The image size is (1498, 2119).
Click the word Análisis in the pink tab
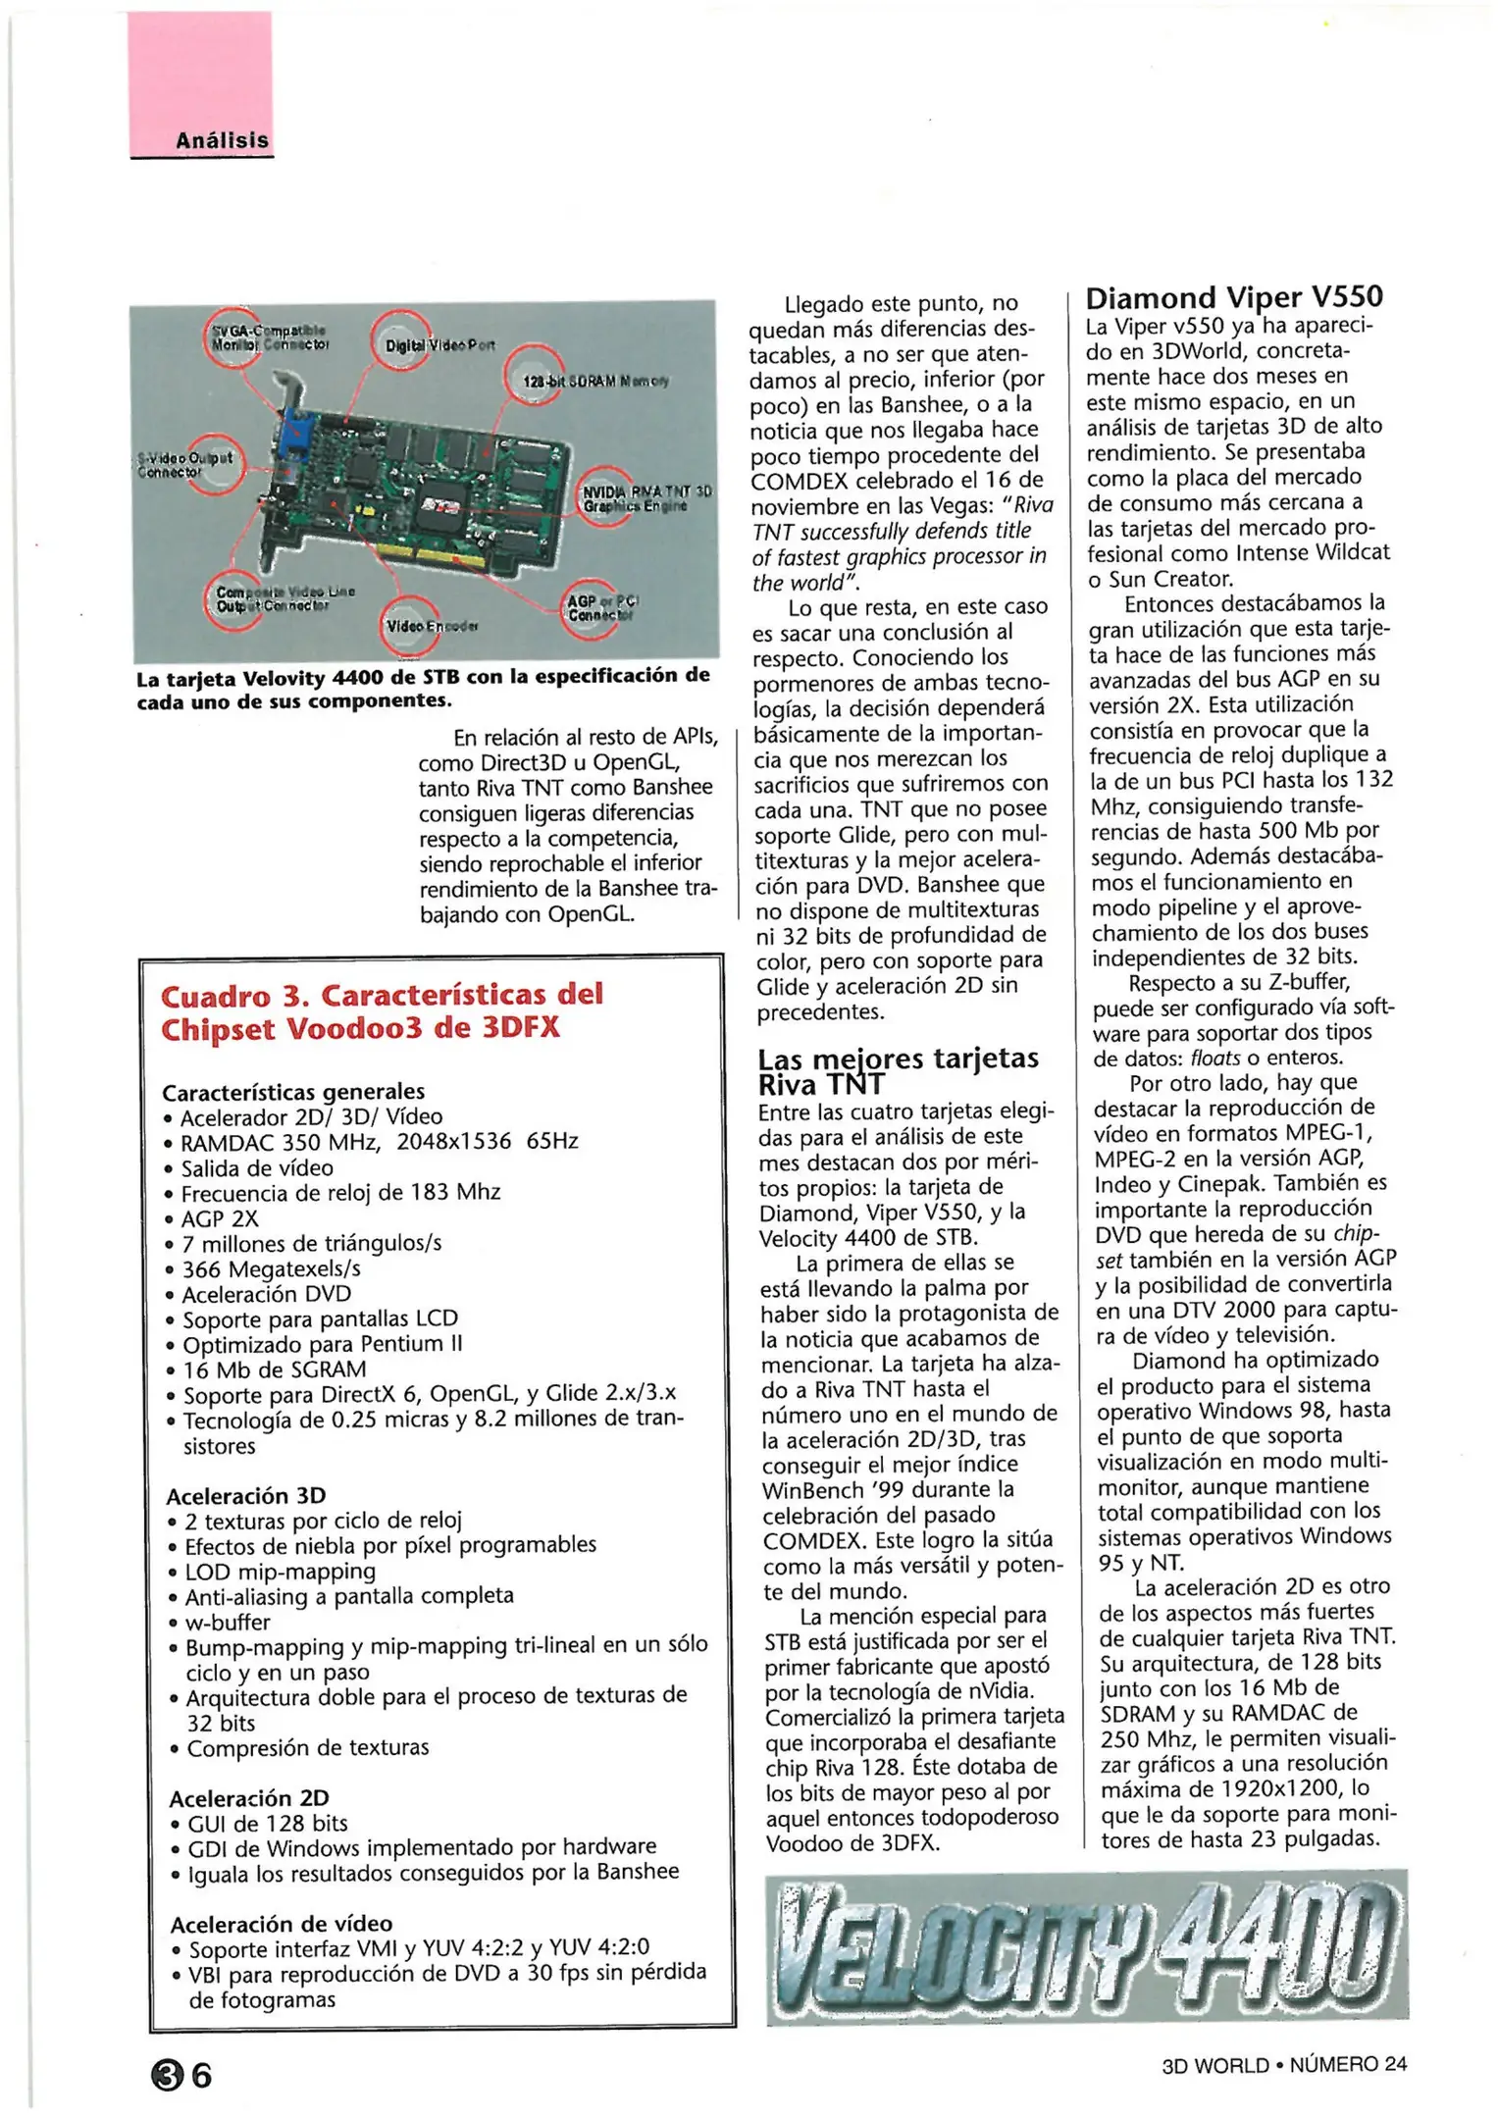pyautogui.click(x=222, y=140)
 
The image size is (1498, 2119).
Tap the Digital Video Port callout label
pyautogui.click(x=439, y=345)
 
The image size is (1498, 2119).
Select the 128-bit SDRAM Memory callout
pyautogui.click(x=594, y=381)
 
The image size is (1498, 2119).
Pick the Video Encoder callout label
pyautogui.click(x=432, y=626)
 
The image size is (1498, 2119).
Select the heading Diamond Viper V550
pyautogui.click(x=1234, y=297)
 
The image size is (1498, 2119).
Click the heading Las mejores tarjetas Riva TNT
pyautogui.click(x=897, y=1071)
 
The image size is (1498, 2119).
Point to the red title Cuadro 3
pyautogui.click(x=381, y=1010)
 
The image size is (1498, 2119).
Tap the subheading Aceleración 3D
pyautogui.click(x=245, y=1495)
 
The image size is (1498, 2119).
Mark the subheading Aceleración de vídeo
pyautogui.click(x=281, y=1923)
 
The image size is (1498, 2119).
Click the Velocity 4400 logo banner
pyautogui.click(x=1086, y=1946)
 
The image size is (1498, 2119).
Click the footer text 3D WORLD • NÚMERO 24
pyautogui.click(x=1283, y=2064)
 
